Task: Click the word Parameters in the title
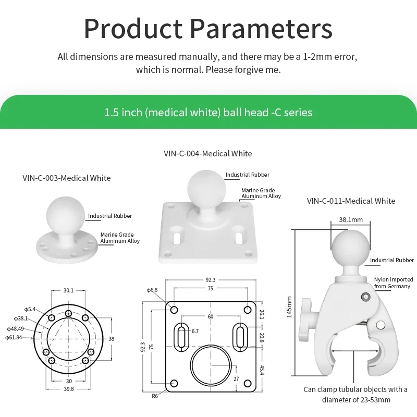coord(261,29)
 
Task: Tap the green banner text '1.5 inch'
coord(123,113)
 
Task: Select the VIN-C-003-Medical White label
coord(67,178)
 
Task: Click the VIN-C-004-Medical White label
coord(207,153)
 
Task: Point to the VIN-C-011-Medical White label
coord(351,201)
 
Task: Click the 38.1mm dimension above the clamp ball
coord(351,219)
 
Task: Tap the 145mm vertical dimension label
coord(289,307)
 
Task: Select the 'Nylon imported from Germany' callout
coord(394,283)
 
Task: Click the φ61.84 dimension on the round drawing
coord(14,337)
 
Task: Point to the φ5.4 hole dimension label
coord(30,309)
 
